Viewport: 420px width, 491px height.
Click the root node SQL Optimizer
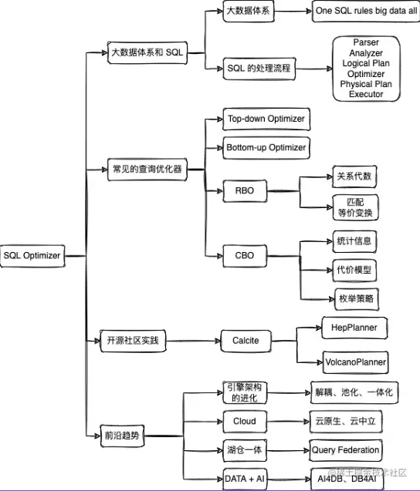click(32, 255)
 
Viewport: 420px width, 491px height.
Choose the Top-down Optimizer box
click(266, 119)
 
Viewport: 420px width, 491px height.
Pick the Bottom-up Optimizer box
click(266, 147)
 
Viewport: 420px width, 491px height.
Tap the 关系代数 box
click(354, 177)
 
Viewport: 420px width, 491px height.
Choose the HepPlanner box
click(354, 328)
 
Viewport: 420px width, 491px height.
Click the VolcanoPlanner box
click(354, 361)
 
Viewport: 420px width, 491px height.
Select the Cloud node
click(245, 422)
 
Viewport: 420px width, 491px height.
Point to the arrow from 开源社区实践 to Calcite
click(193, 340)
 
